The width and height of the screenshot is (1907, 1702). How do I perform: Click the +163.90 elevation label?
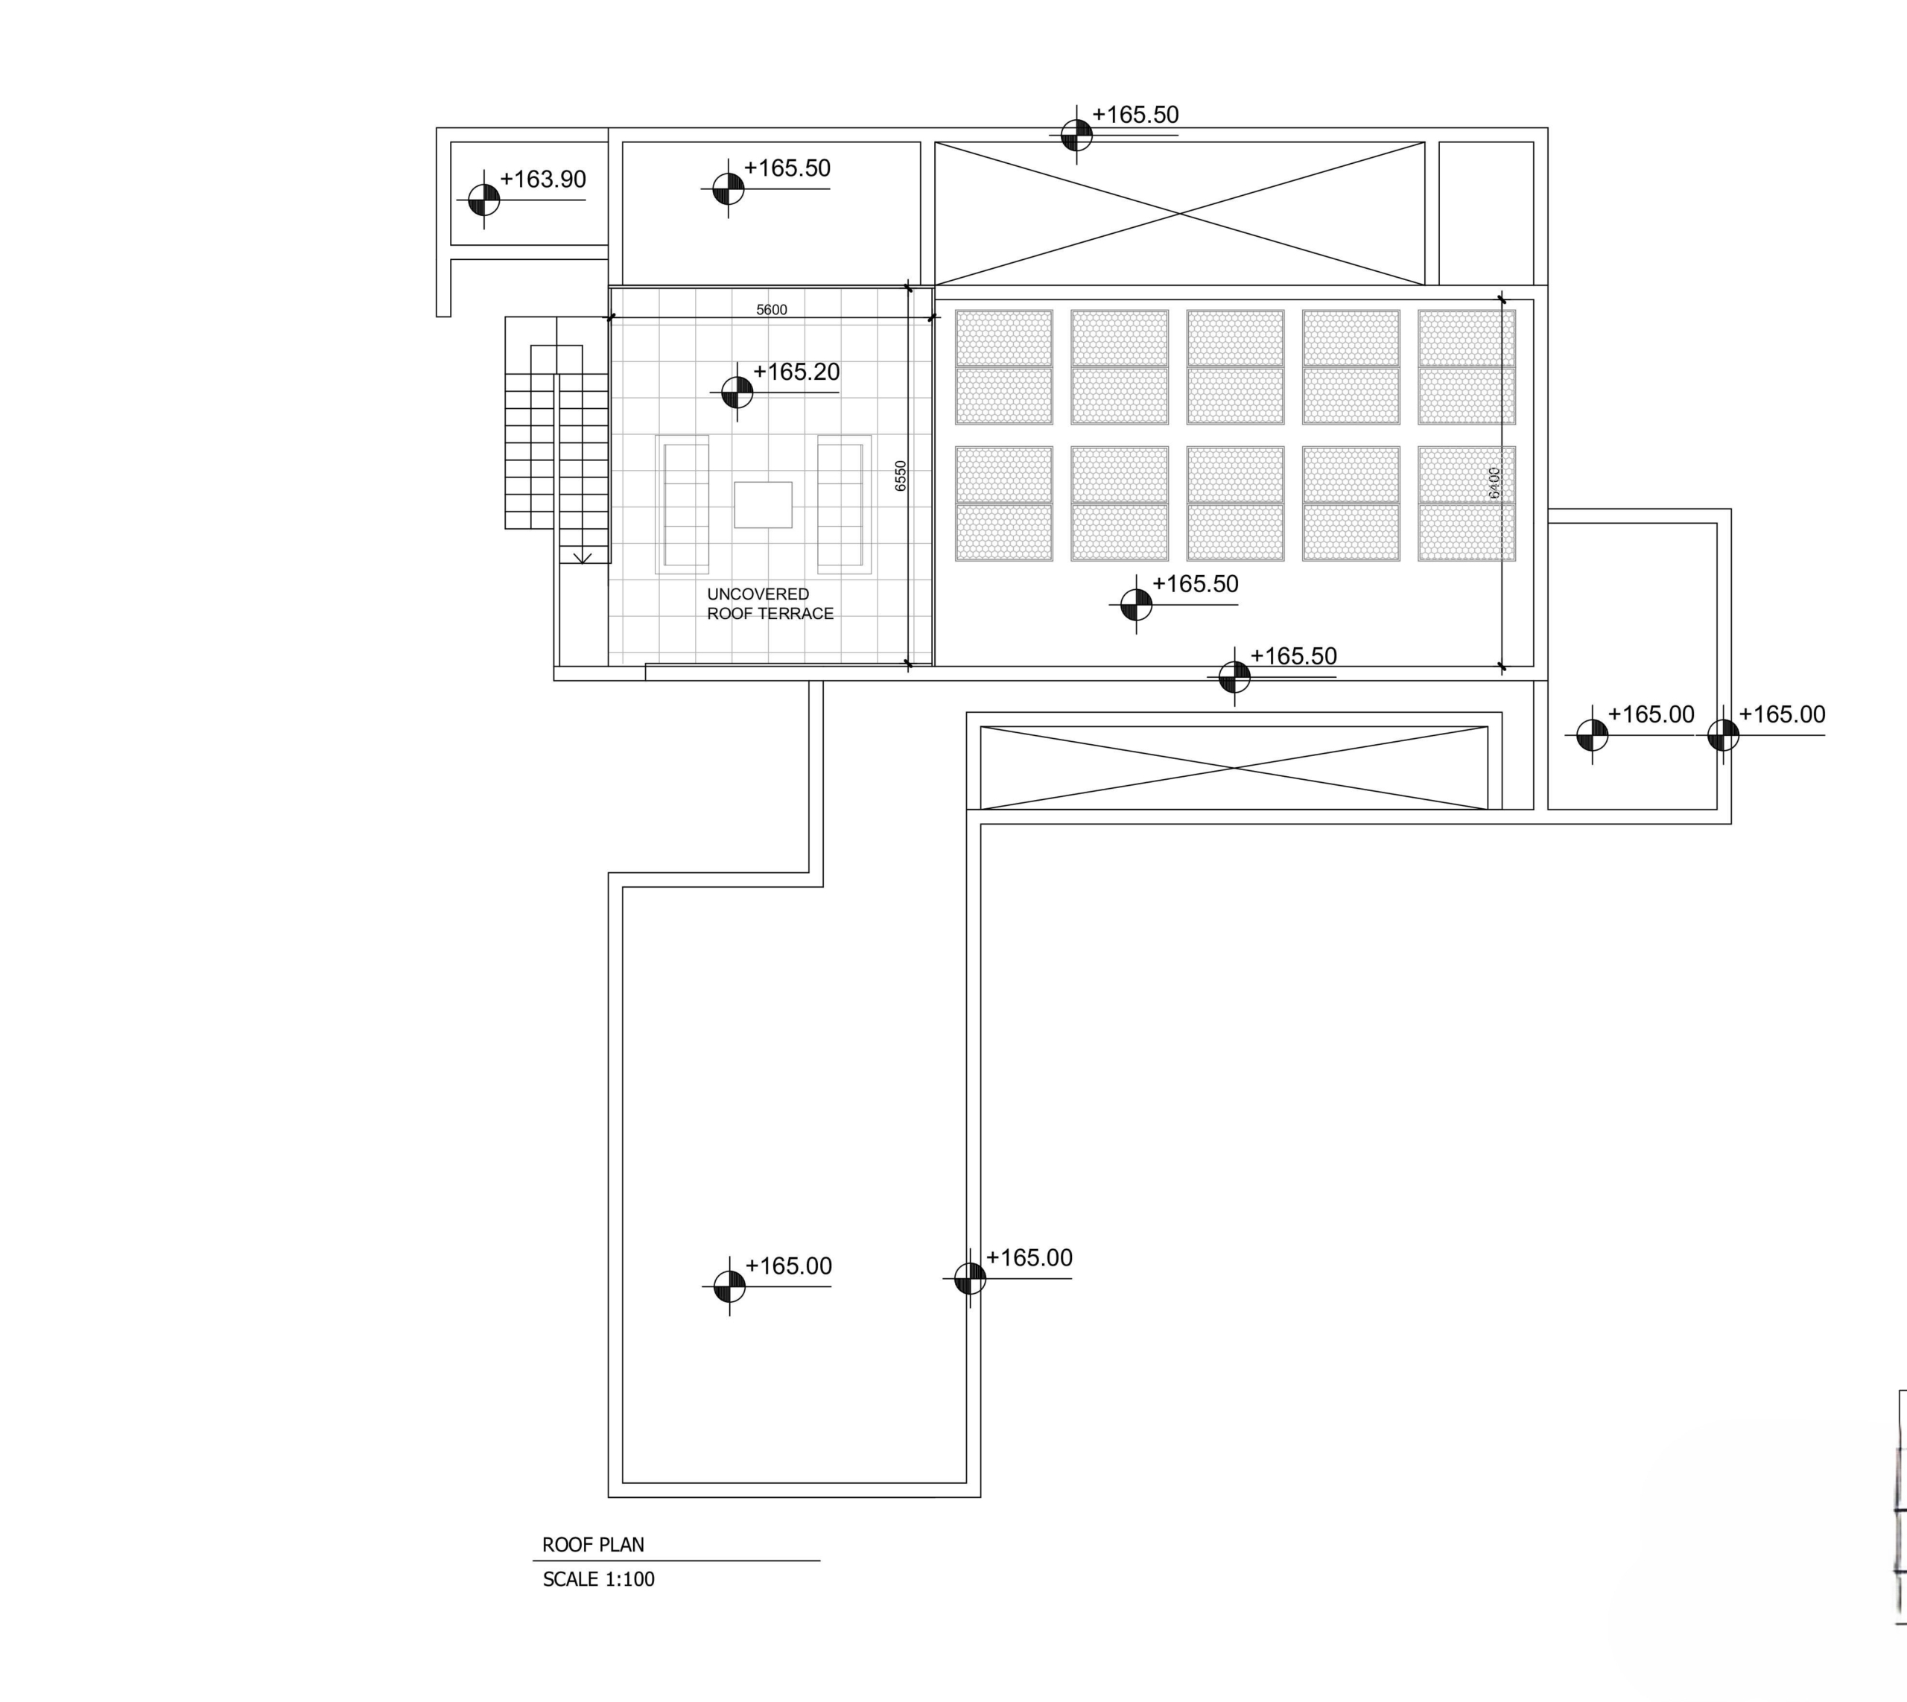[542, 180]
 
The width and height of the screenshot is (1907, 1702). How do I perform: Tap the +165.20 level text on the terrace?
[796, 372]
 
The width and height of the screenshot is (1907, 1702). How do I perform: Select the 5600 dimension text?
[772, 310]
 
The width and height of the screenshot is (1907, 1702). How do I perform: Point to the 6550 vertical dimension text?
[901, 475]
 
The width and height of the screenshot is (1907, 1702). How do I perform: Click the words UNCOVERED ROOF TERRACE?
[770, 604]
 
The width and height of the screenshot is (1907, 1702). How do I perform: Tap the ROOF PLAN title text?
[593, 1545]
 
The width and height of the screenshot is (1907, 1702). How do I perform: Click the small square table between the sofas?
[764, 505]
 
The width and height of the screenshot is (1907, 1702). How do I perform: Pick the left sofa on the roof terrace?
[683, 504]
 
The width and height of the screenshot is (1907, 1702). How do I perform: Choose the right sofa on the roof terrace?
[843, 504]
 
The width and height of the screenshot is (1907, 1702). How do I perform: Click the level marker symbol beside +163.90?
[483, 199]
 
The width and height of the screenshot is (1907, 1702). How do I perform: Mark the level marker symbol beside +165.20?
[737, 392]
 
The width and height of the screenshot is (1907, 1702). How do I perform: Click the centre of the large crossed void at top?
[1179, 213]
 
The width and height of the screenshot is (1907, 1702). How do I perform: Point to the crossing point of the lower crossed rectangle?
[1234, 768]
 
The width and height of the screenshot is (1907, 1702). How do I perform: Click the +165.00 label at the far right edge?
[1782, 714]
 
